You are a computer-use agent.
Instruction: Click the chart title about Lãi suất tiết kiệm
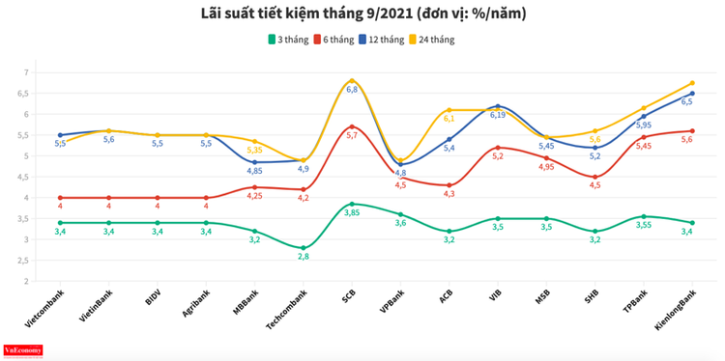362,14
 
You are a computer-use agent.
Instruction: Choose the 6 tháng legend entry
334,40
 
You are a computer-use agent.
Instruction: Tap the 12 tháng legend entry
379,40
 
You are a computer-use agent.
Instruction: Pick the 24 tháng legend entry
431,40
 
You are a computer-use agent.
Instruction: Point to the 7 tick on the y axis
25,72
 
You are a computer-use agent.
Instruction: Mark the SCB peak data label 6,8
352,89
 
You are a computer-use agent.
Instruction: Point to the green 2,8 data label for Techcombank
304,258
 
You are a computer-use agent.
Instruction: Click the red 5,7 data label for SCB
352,136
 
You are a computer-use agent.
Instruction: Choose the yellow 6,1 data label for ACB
449,119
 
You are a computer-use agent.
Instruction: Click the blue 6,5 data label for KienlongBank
686,101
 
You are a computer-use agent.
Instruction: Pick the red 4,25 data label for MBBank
255,196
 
